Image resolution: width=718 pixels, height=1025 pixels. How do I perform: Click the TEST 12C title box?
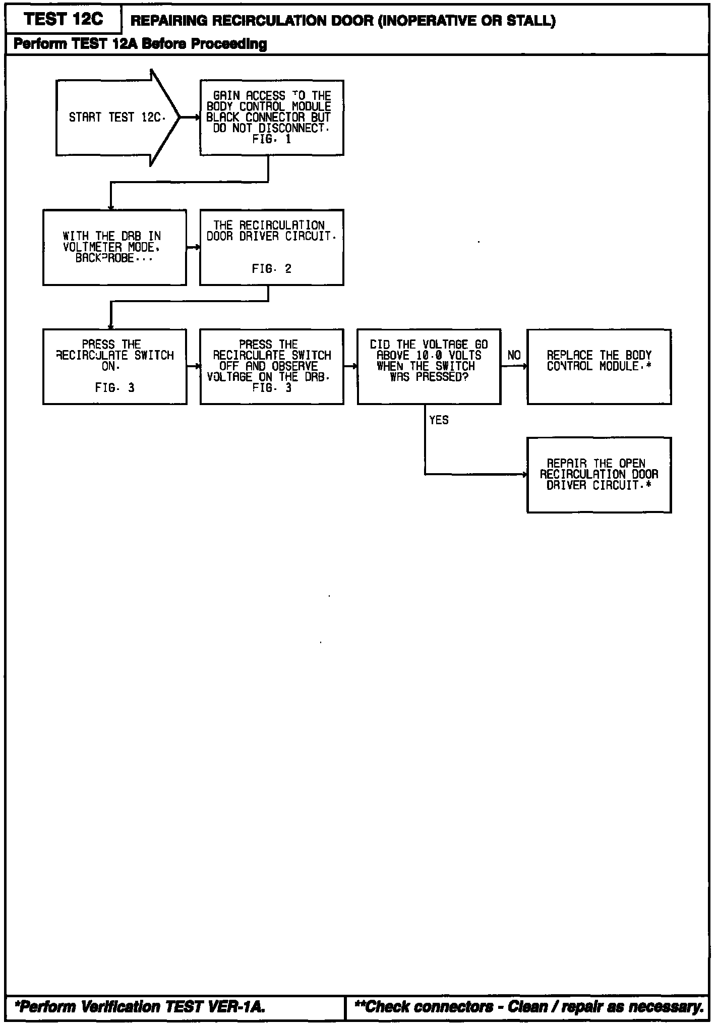click(64, 19)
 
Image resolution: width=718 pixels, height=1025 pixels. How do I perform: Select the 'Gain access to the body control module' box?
click(271, 118)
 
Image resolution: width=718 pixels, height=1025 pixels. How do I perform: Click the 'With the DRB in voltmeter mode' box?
click(114, 247)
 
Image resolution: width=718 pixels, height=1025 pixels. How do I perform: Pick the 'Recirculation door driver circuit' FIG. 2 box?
click(271, 247)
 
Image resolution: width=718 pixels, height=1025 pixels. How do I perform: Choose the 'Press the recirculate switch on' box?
click(114, 367)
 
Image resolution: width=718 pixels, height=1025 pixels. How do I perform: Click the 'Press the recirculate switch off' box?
click(271, 367)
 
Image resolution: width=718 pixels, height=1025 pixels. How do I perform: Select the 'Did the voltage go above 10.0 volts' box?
click(429, 367)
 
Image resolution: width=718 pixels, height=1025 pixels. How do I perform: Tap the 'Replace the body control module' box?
click(599, 367)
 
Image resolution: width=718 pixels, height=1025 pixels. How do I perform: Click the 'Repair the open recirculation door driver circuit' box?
click(599, 475)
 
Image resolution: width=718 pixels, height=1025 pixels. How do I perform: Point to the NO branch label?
click(514, 356)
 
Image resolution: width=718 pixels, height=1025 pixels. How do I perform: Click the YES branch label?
click(439, 420)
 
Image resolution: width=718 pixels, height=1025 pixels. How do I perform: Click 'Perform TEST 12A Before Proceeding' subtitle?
click(140, 44)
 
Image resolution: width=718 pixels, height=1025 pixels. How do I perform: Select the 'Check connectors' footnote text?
click(529, 1007)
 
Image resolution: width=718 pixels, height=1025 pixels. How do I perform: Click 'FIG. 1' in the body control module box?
click(271, 140)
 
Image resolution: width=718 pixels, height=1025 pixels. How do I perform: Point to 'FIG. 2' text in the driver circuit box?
click(271, 269)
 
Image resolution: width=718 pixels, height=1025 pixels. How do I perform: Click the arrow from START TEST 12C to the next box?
click(190, 118)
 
